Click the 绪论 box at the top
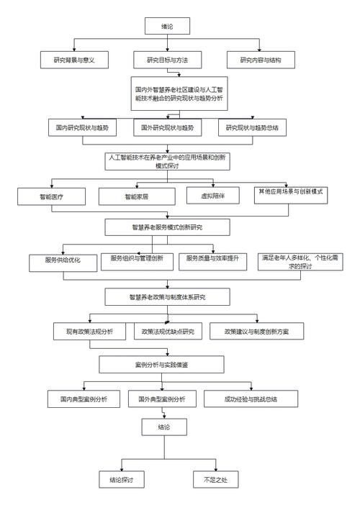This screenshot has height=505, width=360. click(167, 27)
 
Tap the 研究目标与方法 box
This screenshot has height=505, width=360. click(167, 60)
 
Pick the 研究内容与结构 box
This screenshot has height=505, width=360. click(261, 60)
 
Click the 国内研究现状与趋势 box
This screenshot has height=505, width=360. click(83, 128)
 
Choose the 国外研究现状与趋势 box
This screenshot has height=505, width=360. click(168, 128)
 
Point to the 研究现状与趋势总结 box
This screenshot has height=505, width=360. click(251, 128)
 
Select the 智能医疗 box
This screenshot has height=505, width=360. click(52, 195)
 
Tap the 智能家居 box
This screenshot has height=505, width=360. click(137, 195)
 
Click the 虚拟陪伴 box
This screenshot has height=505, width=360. click(211, 194)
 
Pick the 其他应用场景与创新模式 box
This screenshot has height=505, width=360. click(290, 193)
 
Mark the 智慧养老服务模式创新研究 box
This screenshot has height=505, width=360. click(167, 227)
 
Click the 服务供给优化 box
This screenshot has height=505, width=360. click(63, 261)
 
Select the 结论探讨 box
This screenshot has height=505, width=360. click(122, 478)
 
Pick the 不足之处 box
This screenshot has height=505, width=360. click(215, 478)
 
